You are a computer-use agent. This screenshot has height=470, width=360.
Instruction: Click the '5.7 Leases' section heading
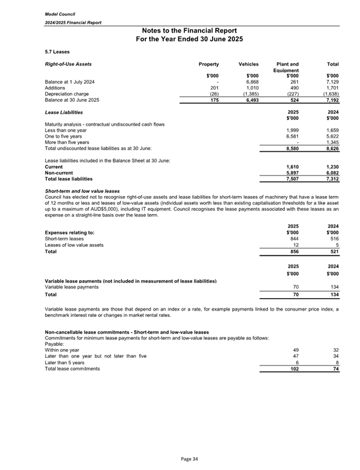click(57, 51)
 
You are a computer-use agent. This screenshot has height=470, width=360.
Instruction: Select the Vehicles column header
click(248, 64)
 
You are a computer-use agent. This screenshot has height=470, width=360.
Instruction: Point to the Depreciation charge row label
click(67, 94)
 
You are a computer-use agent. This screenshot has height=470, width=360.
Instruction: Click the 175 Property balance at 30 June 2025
click(214, 100)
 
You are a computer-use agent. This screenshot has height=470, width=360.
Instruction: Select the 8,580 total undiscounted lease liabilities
click(290, 148)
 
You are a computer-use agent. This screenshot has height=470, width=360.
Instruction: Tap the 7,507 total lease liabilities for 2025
click(290, 179)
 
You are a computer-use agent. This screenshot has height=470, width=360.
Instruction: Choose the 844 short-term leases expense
click(293, 239)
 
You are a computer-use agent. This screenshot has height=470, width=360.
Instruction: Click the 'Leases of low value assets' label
click(74, 245)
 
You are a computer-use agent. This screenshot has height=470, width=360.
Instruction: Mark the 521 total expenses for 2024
click(333, 251)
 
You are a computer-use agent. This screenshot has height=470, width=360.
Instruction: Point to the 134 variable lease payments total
click(333, 294)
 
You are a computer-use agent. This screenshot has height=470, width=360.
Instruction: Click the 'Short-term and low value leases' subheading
click(82, 191)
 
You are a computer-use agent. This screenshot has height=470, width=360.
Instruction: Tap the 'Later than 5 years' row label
click(64, 362)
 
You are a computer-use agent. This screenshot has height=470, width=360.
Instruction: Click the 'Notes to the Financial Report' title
click(189, 31)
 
